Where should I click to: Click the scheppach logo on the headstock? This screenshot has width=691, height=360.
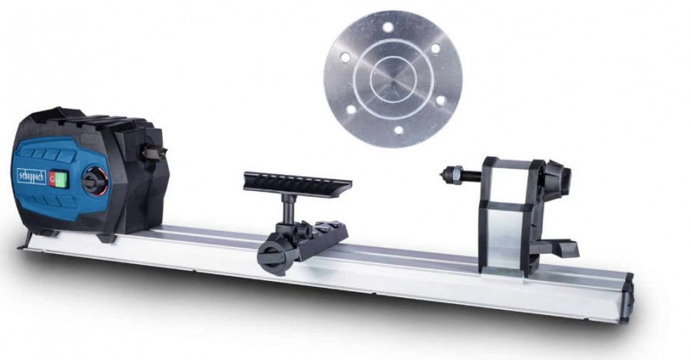tap(31, 175)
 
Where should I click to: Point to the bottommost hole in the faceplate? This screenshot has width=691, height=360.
tap(398, 130)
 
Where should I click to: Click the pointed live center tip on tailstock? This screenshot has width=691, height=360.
tap(445, 172)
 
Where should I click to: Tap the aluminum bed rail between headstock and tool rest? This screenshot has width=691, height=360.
tap(207, 242)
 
